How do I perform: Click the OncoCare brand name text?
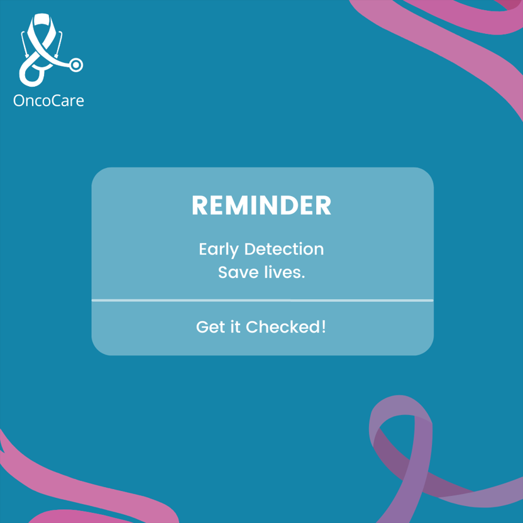tap(48, 101)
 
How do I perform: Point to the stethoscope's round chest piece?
tap(76, 64)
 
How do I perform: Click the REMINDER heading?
tap(261, 206)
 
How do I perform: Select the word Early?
tap(218, 250)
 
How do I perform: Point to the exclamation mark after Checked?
tap(324, 327)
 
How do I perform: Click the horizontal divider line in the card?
tap(262, 300)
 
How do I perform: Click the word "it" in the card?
tap(234, 327)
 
